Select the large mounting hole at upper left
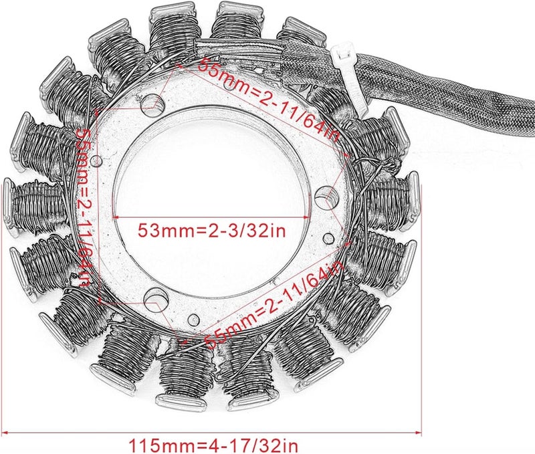(x=153, y=104)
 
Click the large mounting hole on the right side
(x=326, y=196)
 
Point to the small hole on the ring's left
(x=98, y=160)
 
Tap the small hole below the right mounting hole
(x=326, y=237)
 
